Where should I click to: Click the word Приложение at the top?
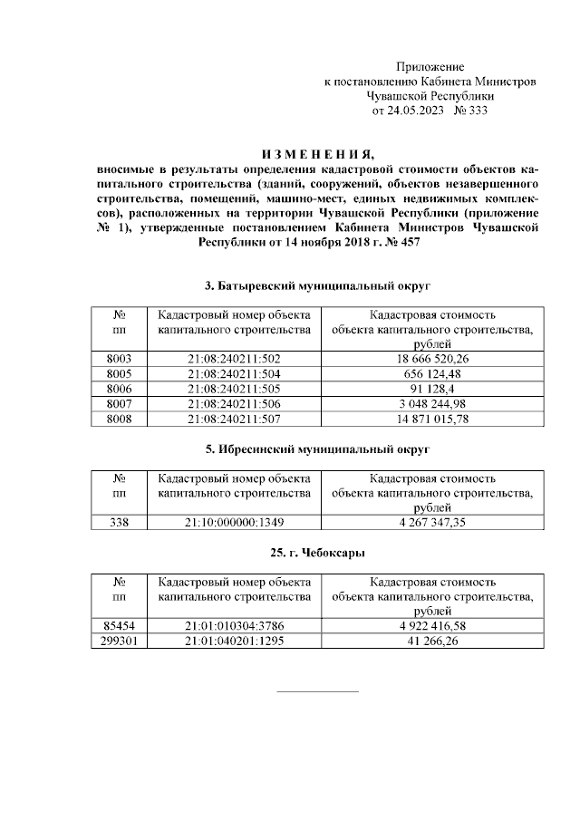coord(430,67)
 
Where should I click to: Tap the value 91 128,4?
coord(431,389)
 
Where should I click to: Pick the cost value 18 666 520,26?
coord(431,360)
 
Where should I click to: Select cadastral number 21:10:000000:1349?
coord(235,522)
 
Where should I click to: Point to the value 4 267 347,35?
coord(431,522)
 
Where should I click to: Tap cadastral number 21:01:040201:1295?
coord(235,641)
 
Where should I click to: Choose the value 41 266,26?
coord(431,641)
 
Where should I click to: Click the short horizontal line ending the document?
coord(316,692)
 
